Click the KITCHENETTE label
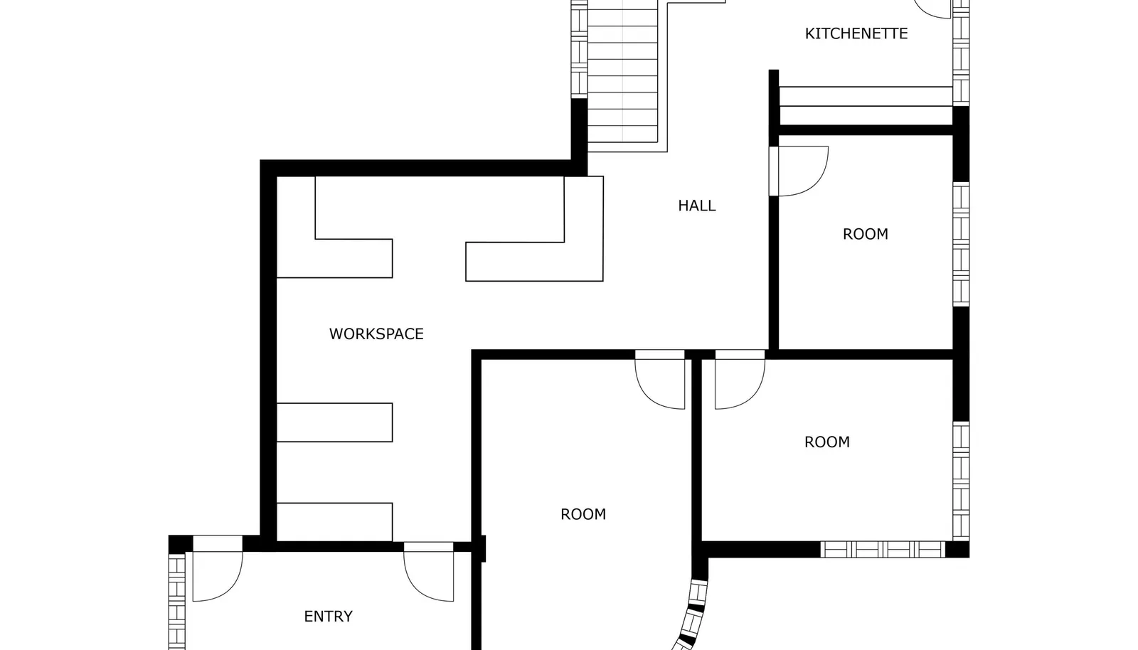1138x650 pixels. pyautogui.click(x=856, y=33)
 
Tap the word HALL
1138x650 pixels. pyautogui.click(x=696, y=206)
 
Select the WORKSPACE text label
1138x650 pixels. pyautogui.click(x=376, y=334)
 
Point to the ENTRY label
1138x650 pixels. pyautogui.click(x=328, y=617)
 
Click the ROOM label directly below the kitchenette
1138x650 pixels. pyautogui.click(x=865, y=234)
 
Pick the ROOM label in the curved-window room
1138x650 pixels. pyautogui.click(x=583, y=514)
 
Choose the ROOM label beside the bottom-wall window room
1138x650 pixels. pyautogui.click(x=826, y=442)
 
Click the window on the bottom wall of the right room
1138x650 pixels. pyautogui.click(x=883, y=550)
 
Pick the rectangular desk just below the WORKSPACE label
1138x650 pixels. pyautogui.click(x=334, y=422)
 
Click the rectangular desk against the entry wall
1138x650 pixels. pyautogui.click(x=334, y=522)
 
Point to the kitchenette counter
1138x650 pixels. pyautogui.click(x=866, y=106)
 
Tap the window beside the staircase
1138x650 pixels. pyautogui.click(x=579, y=49)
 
